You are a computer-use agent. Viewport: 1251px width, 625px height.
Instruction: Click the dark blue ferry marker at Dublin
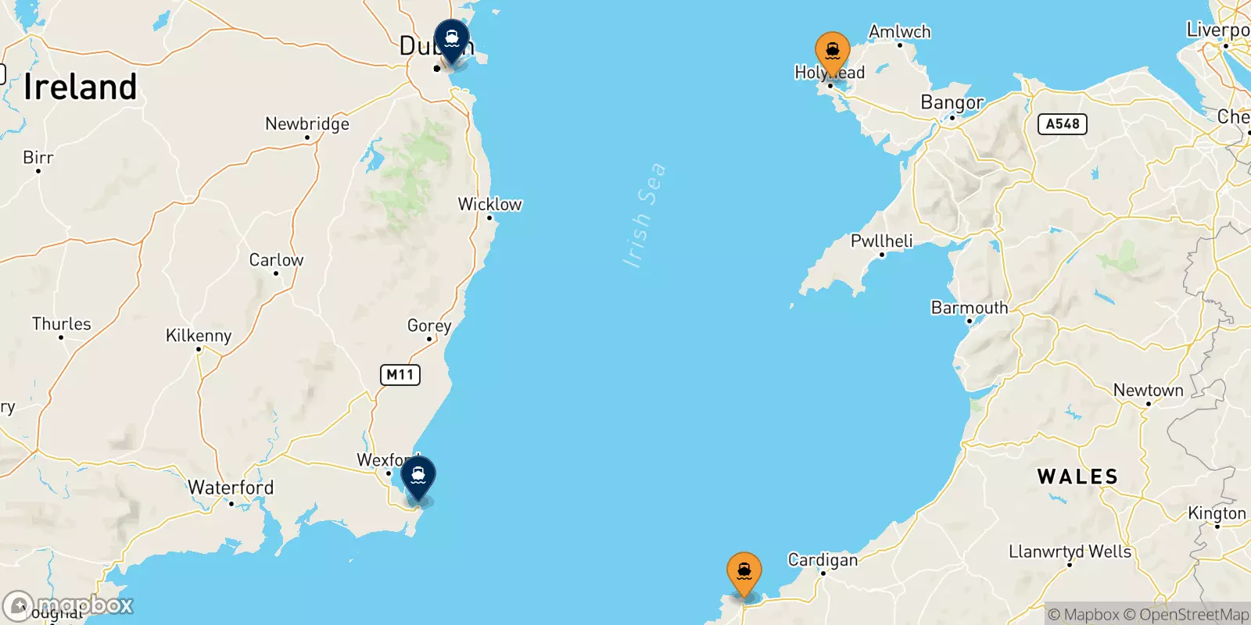pos(452,39)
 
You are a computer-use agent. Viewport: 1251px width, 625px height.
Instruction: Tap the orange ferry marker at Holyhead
pos(832,52)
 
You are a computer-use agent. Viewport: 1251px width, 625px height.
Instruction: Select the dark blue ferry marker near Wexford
pos(418,476)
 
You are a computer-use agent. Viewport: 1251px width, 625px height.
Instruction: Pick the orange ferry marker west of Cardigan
pos(744,573)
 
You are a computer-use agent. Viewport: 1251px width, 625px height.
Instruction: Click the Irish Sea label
pos(644,216)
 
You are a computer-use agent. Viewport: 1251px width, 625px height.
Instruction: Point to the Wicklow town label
pos(489,205)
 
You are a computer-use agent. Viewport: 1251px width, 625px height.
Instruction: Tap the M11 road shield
pos(400,375)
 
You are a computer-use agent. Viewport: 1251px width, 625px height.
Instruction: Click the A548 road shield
pos(1062,124)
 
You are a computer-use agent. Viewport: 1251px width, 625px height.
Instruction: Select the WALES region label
pos(1077,477)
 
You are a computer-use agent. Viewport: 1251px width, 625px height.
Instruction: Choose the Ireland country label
pos(80,87)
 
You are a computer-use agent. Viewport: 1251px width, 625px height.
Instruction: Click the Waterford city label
pos(231,487)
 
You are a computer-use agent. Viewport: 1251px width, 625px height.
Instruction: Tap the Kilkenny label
pos(199,336)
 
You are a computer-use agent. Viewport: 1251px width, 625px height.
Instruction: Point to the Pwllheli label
pos(881,241)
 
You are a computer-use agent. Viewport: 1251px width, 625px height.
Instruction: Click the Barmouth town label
pos(970,308)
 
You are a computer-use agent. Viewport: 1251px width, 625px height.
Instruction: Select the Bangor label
pos(952,102)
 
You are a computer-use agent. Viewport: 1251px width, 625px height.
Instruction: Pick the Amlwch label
pos(899,32)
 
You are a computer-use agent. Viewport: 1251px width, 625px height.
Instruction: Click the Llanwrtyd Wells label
pos(1070,552)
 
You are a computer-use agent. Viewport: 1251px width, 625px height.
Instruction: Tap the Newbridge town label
pos(307,123)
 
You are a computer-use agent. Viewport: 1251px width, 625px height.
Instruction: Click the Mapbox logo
pos(69,605)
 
